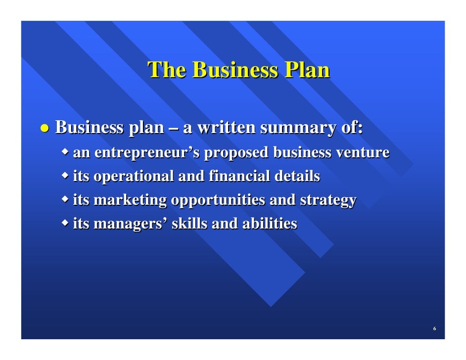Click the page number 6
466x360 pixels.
[x=434, y=329]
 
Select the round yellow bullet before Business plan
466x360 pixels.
[x=45, y=128]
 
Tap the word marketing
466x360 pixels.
[x=130, y=200]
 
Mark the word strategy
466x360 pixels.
[x=328, y=200]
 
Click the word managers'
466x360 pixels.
[x=131, y=224]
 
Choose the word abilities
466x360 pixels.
[x=269, y=224]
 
